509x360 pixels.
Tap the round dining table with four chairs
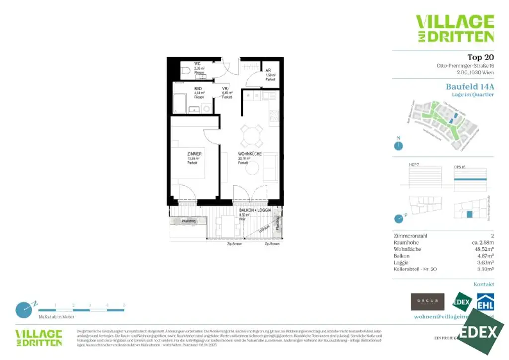click(251, 134)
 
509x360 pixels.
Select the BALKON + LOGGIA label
click(254, 211)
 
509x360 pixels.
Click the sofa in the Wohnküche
click(271, 168)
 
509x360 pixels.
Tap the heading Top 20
click(480, 57)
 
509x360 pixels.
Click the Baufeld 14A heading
click(470, 86)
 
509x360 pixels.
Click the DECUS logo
click(427, 301)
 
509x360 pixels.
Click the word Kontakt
click(484, 284)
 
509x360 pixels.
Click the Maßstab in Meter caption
click(56, 317)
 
